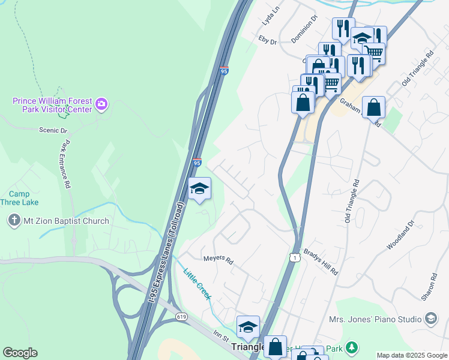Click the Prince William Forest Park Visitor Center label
(x=53, y=105)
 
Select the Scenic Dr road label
(x=53, y=130)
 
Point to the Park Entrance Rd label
(x=65, y=164)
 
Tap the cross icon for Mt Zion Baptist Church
(x=14, y=221)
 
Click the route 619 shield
(x=180, y=316)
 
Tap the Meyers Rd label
(x=218, y=259)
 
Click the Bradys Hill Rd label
(x=321, y=262)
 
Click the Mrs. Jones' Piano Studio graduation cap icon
(x=430, y=318)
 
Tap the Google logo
(x=20, y=353)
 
